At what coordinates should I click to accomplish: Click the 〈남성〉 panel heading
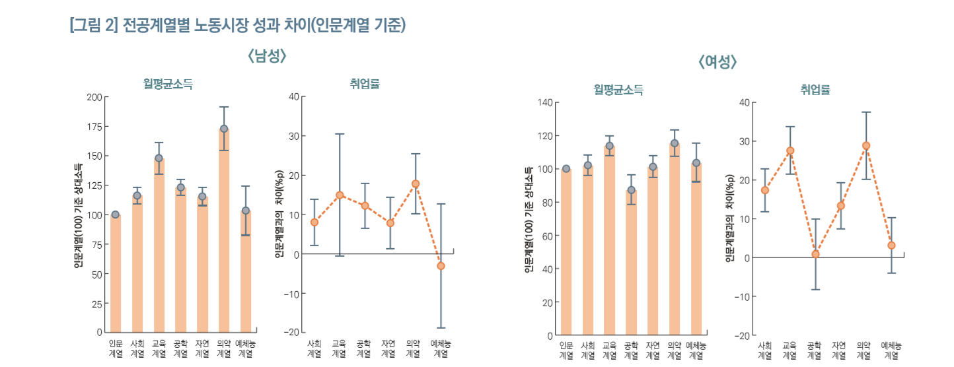click(267, 57)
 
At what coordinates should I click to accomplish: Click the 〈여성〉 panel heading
click(717, 63)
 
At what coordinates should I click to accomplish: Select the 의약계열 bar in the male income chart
click(224, 231)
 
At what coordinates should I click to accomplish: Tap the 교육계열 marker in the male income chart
click(159, 158)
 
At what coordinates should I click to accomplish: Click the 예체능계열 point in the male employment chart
click(441, 266)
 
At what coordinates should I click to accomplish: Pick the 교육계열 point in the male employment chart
click(340, 195)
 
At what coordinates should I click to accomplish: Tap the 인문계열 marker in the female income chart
click(566, 168)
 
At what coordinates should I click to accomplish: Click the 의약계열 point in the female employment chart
click(866, 146)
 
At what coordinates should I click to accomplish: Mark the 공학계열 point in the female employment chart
click(815, 254)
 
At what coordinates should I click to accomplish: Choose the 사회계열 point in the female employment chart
click(765, 190)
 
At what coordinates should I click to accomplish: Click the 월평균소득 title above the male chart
click(168, 84)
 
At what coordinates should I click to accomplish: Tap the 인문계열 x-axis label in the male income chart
click(116, 349)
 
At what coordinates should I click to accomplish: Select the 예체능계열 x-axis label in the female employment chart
click(891, 350)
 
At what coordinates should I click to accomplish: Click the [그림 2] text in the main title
click(93, 26)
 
